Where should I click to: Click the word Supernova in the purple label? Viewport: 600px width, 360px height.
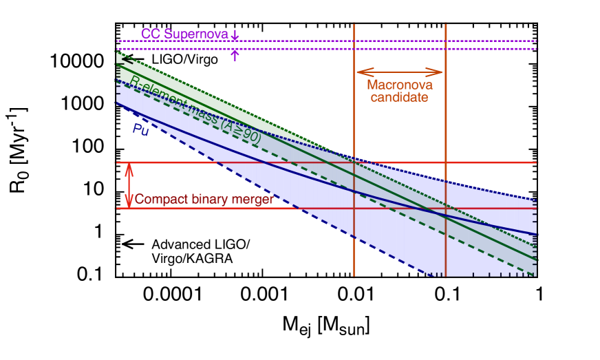(x=196, y=34)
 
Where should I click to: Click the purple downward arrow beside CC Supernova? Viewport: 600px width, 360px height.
(x=235, y=34)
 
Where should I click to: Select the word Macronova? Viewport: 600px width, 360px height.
(x=399, y=85)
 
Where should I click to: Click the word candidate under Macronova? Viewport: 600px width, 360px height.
(x=399, y=97)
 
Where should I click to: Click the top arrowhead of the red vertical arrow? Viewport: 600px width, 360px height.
(x=128, y=167)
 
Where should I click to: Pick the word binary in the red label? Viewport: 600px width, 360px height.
(x=206, y=200)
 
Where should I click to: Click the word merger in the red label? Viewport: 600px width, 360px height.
(x=255, y=200)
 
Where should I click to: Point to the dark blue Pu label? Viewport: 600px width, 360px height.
(x=140, y=128)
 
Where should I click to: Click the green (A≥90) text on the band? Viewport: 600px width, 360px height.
(x=238, y=136)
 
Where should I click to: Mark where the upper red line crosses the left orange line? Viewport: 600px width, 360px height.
(x=354, y=162)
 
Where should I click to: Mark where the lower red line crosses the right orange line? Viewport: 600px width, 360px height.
(x=446, y=208)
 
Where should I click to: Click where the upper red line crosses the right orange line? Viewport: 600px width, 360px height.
(x=446, y=162)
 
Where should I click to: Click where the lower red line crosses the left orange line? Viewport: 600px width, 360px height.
(x=354, y=208)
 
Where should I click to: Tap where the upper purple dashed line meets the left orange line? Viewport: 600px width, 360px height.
(x=354, y=41)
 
